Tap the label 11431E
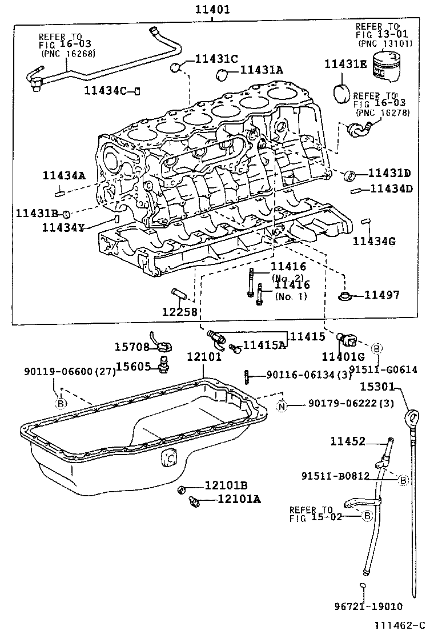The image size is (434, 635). click(345, 64)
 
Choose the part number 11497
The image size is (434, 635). click(382, 295)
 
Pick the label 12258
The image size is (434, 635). click(179, 311)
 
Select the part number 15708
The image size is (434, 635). click(131, 347)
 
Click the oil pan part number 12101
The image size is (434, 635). click(203, 357)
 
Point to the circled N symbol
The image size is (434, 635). click(282, 405)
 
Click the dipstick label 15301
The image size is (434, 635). click(377, 387)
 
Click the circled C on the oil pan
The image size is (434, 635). click(168, 457)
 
